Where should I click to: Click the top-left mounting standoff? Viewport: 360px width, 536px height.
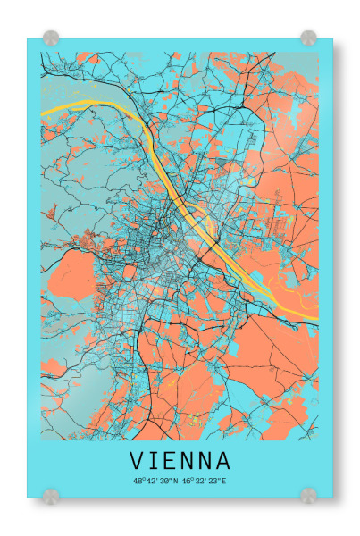click(x=51, y=38)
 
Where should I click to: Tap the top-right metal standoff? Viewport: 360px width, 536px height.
click(x=308, y=38)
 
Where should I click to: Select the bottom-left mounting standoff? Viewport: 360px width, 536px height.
click(x=51, y=494)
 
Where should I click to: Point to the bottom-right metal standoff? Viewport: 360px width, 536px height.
click(x=308, y=494)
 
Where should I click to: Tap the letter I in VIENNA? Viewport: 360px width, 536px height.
click(x=155, y=461)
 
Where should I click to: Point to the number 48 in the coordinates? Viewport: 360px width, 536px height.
click(x=137, y=482)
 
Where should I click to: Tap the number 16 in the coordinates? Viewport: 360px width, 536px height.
click(x=187, y=482)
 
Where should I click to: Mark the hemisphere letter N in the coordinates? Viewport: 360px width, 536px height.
click(x=175, y=482)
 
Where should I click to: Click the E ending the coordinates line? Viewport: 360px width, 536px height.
click(x=224, y=482)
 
